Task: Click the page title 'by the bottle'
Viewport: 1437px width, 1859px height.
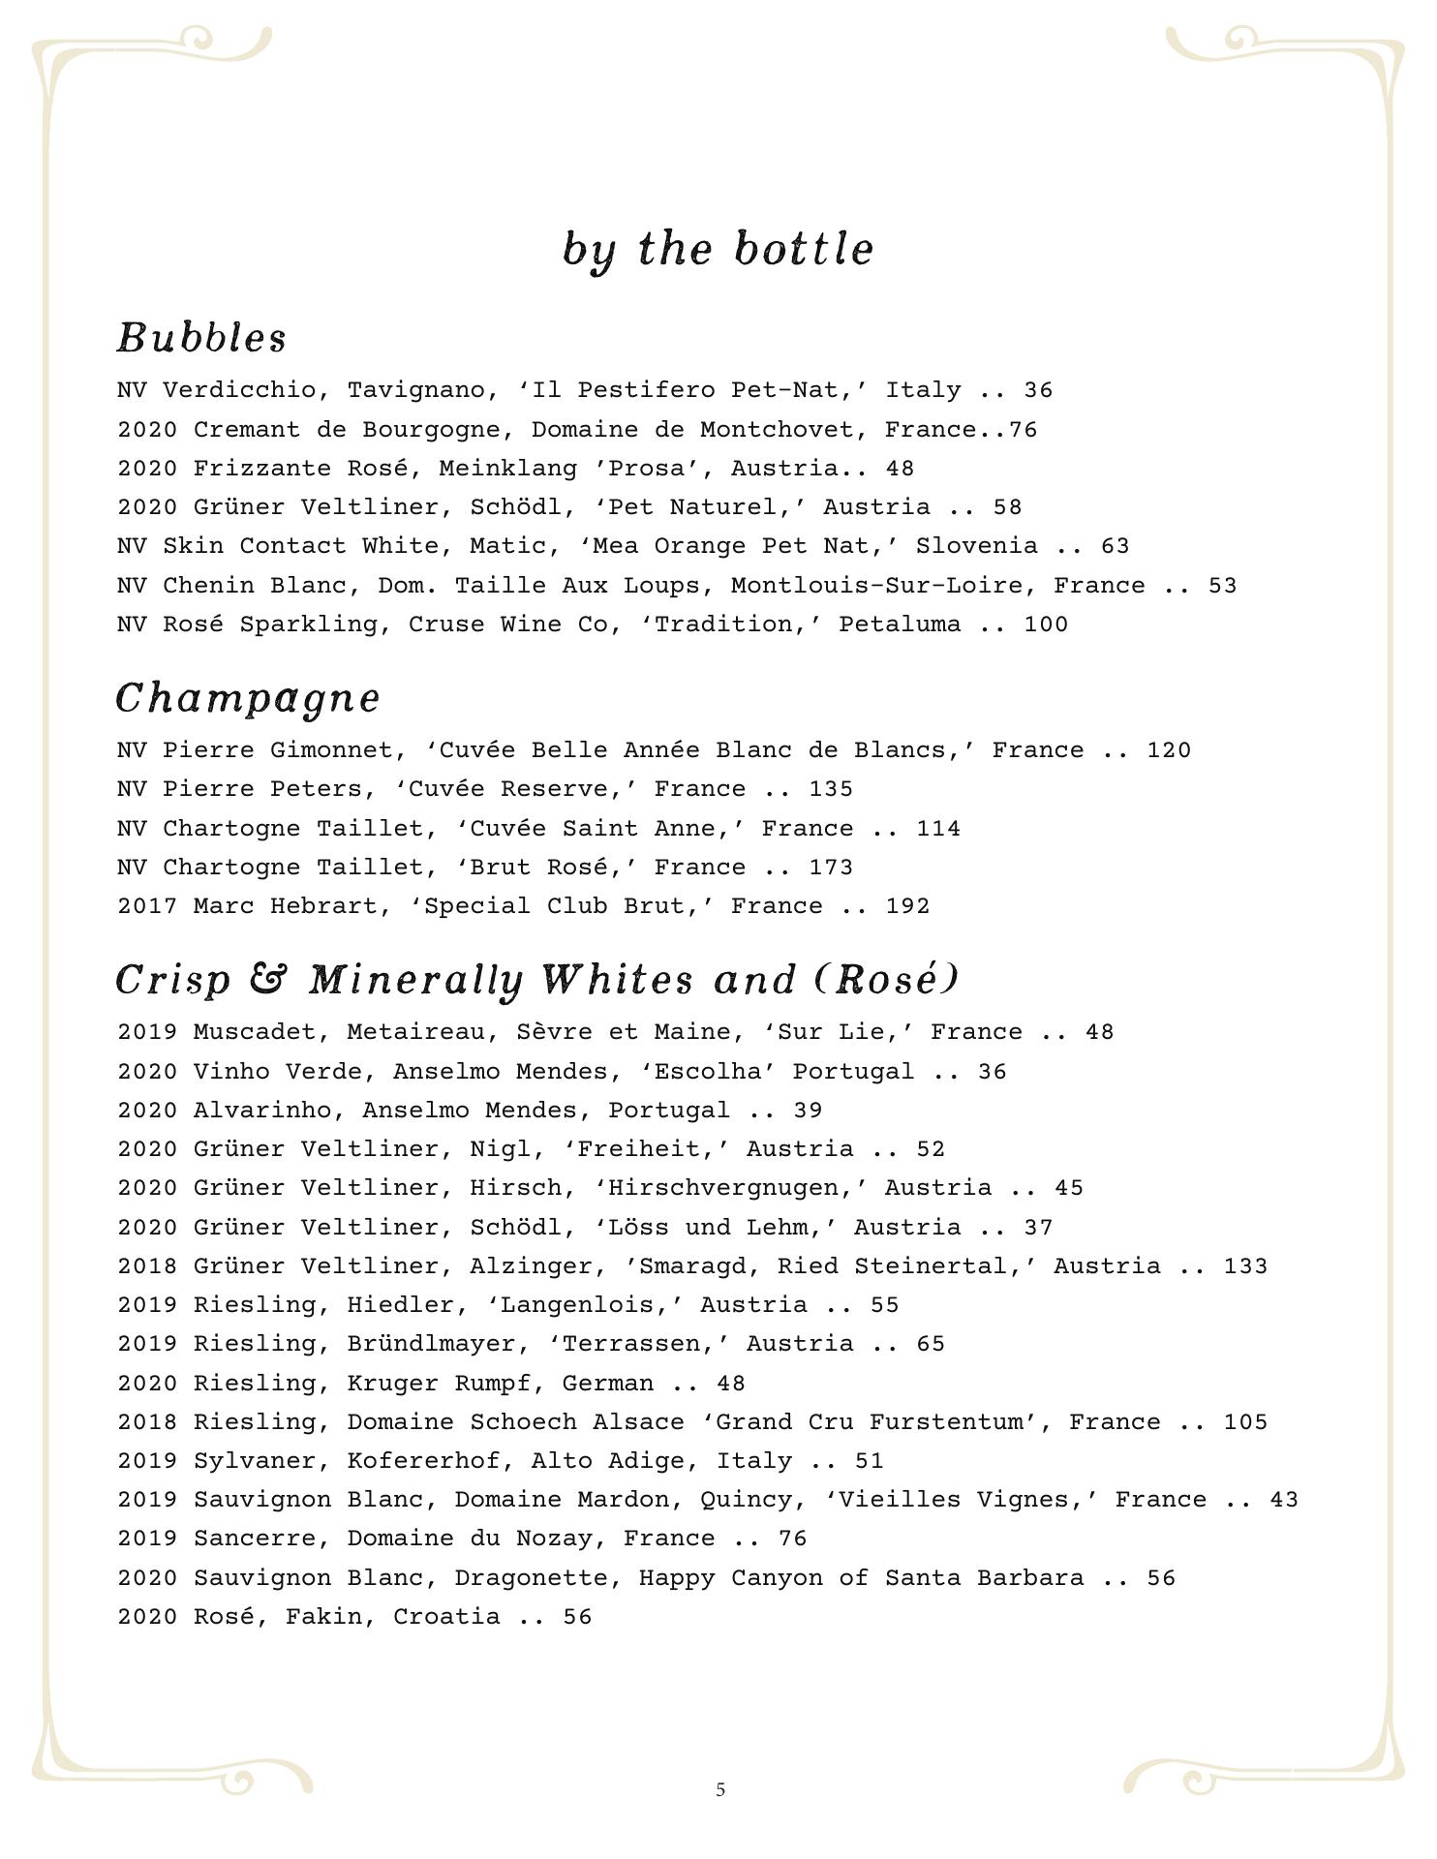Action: [718, 250]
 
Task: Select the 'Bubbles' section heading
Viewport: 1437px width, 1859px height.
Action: [201, 338]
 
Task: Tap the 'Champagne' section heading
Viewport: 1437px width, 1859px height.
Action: [248, 698]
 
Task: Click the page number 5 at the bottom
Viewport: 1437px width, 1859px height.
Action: [720, 1789]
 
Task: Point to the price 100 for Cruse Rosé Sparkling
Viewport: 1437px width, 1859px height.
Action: [1046, 625]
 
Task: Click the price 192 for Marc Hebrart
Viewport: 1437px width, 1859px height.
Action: [907, 906]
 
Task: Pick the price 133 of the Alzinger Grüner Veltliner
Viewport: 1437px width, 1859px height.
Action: [1245, 1266]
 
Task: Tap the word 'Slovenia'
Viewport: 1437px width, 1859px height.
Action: [976, 546]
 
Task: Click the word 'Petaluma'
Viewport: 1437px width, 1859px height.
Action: [900, 625]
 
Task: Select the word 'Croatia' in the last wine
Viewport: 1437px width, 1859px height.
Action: [446, 1617]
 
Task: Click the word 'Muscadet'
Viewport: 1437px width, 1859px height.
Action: [254, 1032]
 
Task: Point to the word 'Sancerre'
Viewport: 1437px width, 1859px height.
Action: [254, 1539]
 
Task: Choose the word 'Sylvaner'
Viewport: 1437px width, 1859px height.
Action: [254, 1461]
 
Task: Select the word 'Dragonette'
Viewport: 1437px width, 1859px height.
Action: [531, 1578]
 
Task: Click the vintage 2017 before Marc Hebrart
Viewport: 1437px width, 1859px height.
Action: [147, 906]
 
